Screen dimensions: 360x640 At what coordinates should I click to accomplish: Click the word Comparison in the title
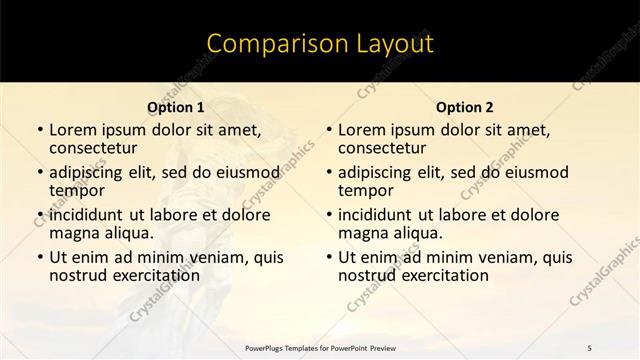coord(269,44)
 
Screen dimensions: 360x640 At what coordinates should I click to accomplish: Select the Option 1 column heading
coord(176,107)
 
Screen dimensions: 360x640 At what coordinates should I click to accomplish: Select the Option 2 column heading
coord(465,107)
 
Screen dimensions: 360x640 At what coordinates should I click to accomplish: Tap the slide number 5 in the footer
coord(589,347)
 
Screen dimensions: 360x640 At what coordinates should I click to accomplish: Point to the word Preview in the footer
coord(376,347)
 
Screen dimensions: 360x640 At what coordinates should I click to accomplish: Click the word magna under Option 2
coord(363,233)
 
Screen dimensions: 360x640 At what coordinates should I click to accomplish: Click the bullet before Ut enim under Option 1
coord(39,258)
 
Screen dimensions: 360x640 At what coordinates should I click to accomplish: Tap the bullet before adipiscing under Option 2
coord(328,173)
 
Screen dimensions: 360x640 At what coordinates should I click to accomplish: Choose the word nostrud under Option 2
coord(369,275)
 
